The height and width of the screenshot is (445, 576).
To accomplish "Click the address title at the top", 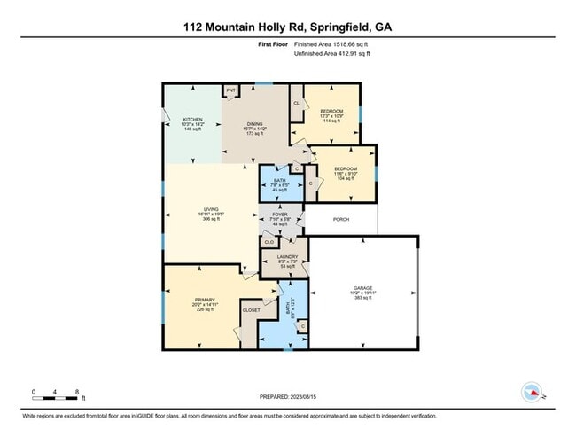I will (x=288, y=27).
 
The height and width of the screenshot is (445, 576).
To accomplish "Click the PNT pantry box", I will (x=230, y=90).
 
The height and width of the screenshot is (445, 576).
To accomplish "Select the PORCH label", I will (x=340, y=219).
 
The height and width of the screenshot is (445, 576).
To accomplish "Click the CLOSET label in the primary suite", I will (x=252, y=310).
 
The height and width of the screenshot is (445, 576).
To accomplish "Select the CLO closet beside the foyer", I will (x=269, y=241).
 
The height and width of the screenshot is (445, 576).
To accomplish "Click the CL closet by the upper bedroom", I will (x=296, y=103).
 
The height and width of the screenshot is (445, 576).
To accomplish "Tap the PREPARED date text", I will (x=288, y=396).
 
